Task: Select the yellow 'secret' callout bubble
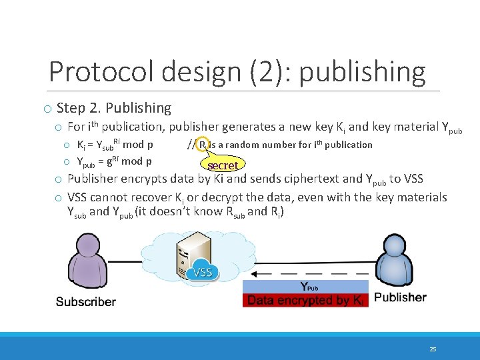coord(223,165)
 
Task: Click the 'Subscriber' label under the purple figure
coord(85,302)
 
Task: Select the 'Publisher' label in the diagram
coord(400,297)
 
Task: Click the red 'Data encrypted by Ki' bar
coord(305,301)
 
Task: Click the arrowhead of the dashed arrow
coord(261,273)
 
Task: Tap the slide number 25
coord(433,349)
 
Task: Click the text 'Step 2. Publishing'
coord(114,108)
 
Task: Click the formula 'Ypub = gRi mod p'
coord(114,161)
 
